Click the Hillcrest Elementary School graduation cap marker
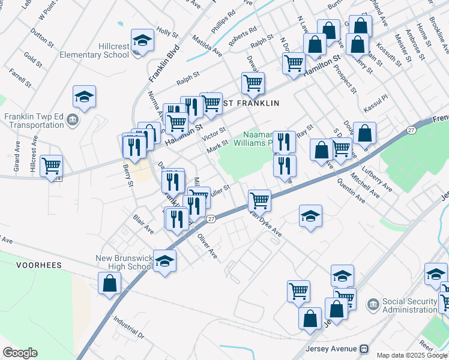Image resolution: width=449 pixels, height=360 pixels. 143,41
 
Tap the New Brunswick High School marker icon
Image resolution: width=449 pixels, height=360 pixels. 164,261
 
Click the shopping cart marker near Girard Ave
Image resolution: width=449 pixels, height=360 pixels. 52,164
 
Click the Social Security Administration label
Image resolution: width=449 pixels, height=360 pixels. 410,305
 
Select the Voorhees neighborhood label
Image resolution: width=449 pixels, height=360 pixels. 40,264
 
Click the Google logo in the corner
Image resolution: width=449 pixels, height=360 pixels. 20,353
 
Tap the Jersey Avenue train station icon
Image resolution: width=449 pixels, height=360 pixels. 364,349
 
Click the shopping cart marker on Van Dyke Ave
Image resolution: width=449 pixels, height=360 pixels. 259,200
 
